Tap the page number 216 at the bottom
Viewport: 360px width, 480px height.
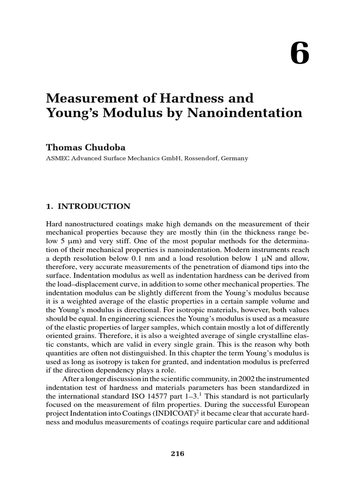pos(178,453)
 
